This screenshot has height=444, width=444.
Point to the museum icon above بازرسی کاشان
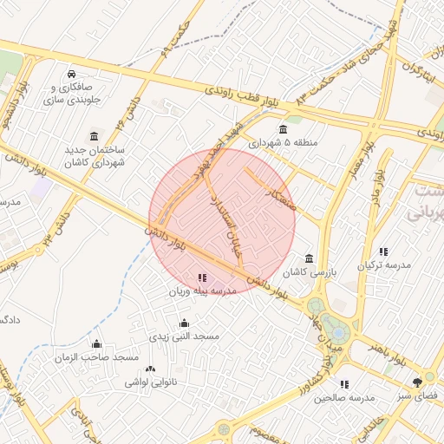(x=310, y=258)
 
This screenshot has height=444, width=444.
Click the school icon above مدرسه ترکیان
(x=384, y=251)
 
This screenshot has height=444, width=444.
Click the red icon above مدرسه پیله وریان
(x=203, y=278)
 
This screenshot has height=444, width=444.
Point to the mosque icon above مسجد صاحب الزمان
(x=96, y=344)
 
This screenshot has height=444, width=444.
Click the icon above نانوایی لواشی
(x=151, y=369)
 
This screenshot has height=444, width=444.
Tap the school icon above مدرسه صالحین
(x=344, y=384)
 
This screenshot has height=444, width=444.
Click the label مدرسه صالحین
(x=344, y=397)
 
